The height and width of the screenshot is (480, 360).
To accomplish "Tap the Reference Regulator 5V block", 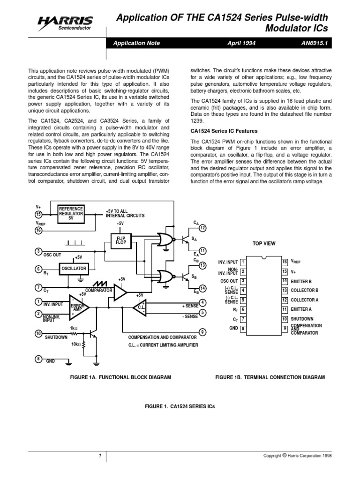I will click(x=71, y=213).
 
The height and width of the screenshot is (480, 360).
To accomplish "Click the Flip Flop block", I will click(x=120, y=240).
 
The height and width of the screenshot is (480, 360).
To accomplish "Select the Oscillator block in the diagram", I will click(x=74, y=268).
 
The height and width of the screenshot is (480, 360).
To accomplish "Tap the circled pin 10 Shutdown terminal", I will click(x=38, y=333).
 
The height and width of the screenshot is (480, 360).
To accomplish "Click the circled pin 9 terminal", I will click(x=202, y=333).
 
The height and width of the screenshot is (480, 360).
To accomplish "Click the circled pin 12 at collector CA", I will click(x=202, y=228).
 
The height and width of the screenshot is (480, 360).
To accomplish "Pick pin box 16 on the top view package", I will click(x=284, y=261).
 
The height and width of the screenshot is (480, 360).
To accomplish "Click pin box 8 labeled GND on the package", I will click(x=242, y=329).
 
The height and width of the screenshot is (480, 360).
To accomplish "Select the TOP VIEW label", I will click(x=264, y=243).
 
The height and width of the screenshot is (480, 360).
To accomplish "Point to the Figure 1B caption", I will click(x=270, y=377).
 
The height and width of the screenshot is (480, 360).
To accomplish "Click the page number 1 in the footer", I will click(x=100, y=456).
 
